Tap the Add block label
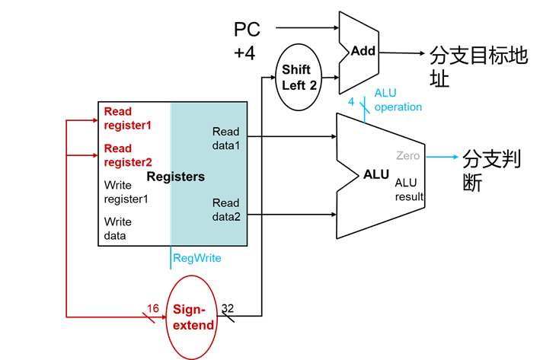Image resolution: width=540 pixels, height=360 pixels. pos(364,51)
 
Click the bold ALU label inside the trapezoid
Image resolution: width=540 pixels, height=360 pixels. pos(376,174)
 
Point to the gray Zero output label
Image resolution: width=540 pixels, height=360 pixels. pos(407,156)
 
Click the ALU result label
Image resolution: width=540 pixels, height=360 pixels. pos(409,190)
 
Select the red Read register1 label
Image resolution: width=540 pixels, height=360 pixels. pos(128,117)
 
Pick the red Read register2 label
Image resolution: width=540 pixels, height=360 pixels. pos(128,155)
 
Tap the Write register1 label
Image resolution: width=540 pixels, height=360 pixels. pos(126,192)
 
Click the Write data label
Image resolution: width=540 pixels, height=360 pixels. pos(117,228)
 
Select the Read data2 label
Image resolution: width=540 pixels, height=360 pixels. pos(225,209)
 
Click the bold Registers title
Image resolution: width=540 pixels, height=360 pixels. pos(175,177)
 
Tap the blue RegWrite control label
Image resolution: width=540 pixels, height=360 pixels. pos(197,258)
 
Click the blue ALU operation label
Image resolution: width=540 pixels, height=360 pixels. pos(398,100)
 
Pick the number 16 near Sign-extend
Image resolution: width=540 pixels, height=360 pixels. pos(153,307)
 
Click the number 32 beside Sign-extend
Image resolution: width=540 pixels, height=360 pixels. pos(228,308)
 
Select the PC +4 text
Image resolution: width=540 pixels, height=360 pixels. pos(247,41)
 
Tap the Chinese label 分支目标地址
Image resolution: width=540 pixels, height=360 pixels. pos(478,67)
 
